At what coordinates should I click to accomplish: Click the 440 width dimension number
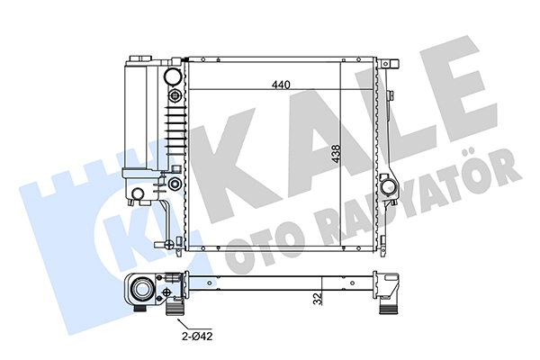click(281, 85)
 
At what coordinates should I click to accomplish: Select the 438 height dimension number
click(336, 154)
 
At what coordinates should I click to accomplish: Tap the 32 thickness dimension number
click(318, 298)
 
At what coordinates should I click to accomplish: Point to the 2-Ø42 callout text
click(197, 336)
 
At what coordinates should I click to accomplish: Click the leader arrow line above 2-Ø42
click(188, 324)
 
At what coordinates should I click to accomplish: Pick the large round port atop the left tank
click(172, 76)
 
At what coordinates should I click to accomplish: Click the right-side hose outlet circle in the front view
click(388, 186)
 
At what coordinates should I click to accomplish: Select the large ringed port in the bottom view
click(141, 289)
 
